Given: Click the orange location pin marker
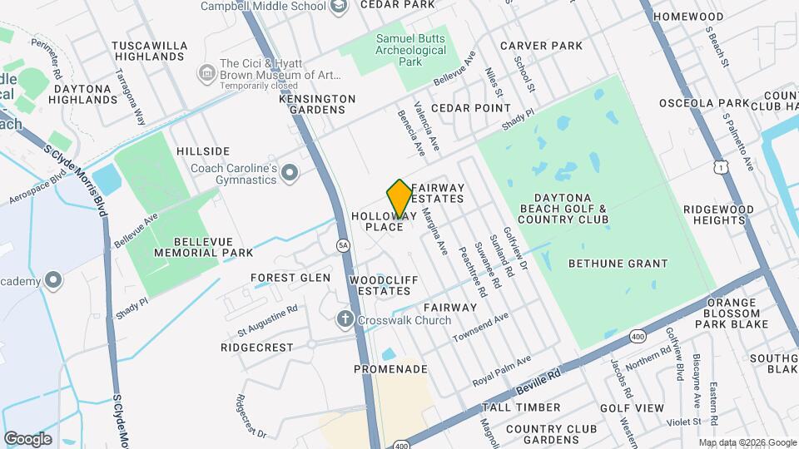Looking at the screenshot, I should (400, 198).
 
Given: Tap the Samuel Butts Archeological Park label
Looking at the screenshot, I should (411, 50).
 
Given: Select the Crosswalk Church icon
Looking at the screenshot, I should (345, 319).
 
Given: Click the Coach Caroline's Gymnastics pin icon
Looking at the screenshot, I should (290, 174).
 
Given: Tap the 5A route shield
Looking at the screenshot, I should (343, 245).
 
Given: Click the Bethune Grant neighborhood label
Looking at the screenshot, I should (618, 264).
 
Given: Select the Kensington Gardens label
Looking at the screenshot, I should (316, 104).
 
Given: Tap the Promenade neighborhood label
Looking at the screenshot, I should (390, 368).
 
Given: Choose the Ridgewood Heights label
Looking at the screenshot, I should (714, 215).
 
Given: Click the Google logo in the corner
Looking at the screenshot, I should (27, 438).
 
